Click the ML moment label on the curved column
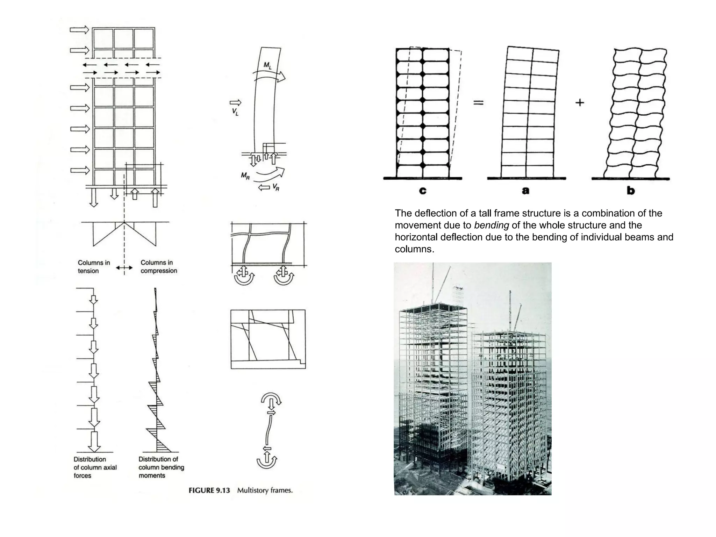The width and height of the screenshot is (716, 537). click(x=267, y=65)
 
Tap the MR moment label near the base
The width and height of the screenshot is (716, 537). click(x=245, y=176)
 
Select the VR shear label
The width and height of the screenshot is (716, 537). click(x=275, y=188)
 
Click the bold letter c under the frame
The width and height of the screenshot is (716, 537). click(x=423, y=191)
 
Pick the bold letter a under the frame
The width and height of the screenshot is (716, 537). click(x=525, y=191)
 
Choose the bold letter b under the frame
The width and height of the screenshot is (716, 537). click(x=631, y=191)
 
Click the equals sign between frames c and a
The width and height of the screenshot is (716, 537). click(x=478, y=102)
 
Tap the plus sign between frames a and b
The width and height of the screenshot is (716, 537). click(x=580, y=102)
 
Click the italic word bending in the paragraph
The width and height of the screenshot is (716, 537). click(x=491, y=225)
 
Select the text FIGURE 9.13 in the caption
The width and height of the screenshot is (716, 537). click(x=209, y=491)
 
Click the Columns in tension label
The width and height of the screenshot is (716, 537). click(x=94, y=266)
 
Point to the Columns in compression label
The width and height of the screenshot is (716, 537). click(x=159, y=266)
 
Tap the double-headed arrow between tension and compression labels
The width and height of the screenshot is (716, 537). click(x=124, y=268)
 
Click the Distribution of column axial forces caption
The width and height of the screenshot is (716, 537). click(x=95, y=467)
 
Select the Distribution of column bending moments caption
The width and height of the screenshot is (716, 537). click(x=161, y=467)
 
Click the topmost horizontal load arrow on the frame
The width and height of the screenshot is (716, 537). click(x=79, y=30)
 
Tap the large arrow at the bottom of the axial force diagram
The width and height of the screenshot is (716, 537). click(x=94, y=441)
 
